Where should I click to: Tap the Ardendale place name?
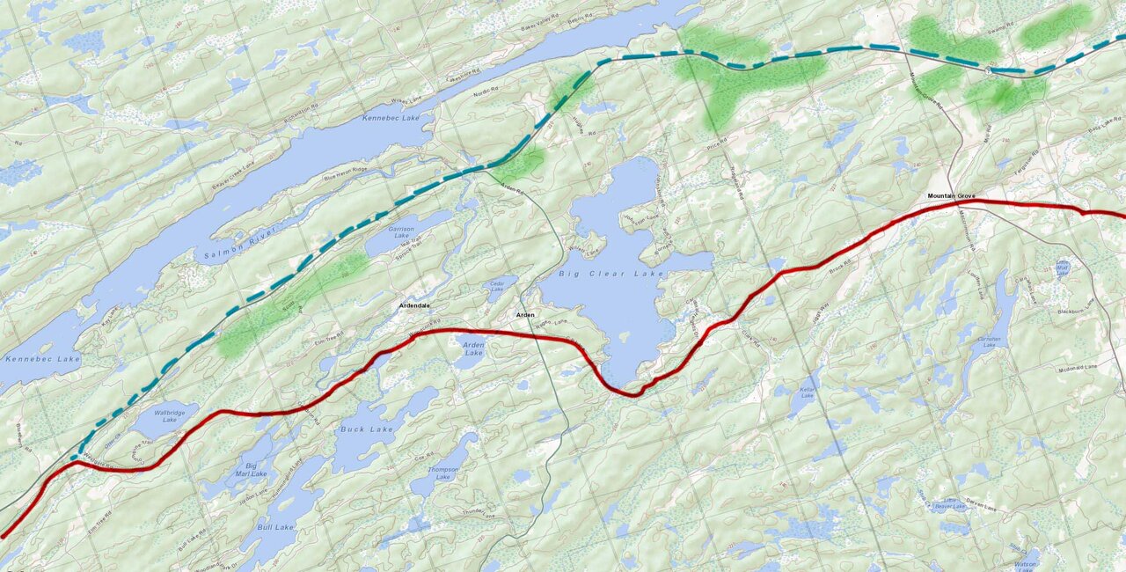[x=413, y=305]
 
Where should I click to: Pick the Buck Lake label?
[x=366, y=429]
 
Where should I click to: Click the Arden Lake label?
[x=473, y=349]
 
